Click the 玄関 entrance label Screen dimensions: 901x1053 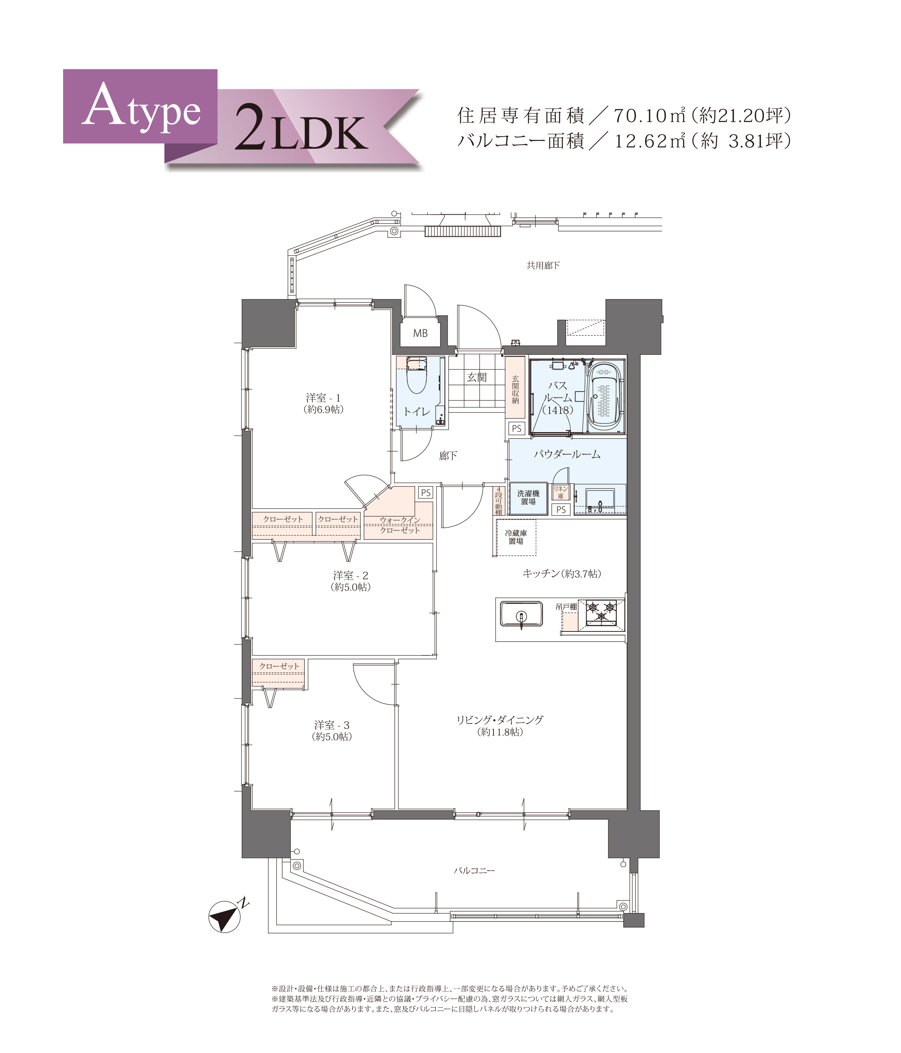[477, 377]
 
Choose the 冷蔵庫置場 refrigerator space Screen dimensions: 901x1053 [516, 537]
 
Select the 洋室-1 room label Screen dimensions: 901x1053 [323, 397]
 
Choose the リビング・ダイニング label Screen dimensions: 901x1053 [500, 719]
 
